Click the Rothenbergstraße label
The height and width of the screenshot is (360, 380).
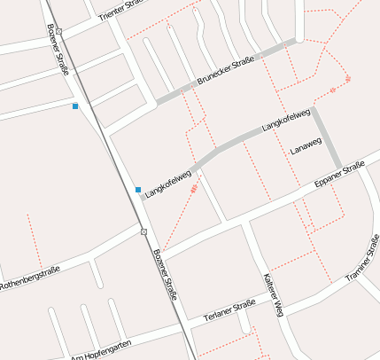pos(29,276)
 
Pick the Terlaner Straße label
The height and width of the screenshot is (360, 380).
pos(229,310)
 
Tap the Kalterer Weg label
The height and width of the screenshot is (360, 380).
pos(272,293)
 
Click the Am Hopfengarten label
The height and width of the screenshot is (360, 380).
pos(101,348)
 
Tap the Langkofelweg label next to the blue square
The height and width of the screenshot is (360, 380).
pos(168,180)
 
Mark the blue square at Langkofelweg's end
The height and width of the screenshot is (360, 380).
pos(138,190)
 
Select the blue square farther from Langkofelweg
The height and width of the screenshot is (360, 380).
pos(75,106)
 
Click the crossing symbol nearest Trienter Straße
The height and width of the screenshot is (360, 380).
pos(59,31)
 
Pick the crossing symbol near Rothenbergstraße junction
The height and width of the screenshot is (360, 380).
pos(143,231)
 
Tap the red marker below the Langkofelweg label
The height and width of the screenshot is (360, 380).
pos(194,189)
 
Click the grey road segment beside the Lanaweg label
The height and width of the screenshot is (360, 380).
pos(326,137)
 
